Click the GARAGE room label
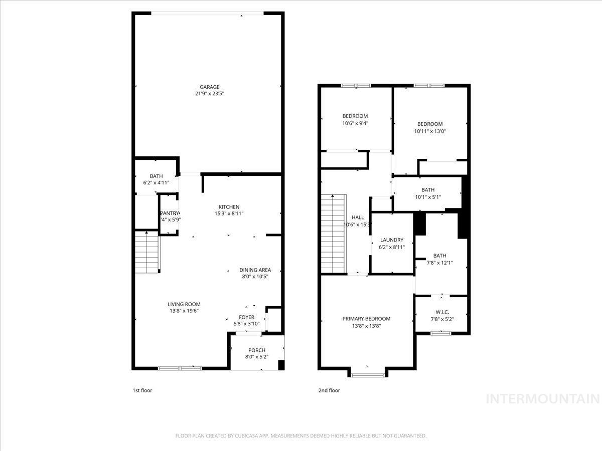[x=210, y=87]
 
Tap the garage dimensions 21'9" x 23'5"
[x=210, y=94]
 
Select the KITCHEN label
[x=229, y=207]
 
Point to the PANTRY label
[x=170, y=213]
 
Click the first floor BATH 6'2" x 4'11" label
[x=156, y=176]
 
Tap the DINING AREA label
[x=255, y=270]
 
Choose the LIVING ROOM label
[x=184, y=304]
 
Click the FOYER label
[x=246, y=317]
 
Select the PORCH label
[x=256, y=350]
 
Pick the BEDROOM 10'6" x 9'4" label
[x=355, y=116]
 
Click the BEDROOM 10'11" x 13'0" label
[x=430, y=124]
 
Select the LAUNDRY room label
[x=391, y=240]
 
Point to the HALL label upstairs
[x=358, y=217]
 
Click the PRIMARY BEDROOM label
[x=366, y=319]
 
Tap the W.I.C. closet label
[x=442, y=312]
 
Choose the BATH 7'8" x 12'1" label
[x=439, y=256]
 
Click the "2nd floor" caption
[x=329, y=390]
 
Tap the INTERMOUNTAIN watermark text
[x=543, y=399]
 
